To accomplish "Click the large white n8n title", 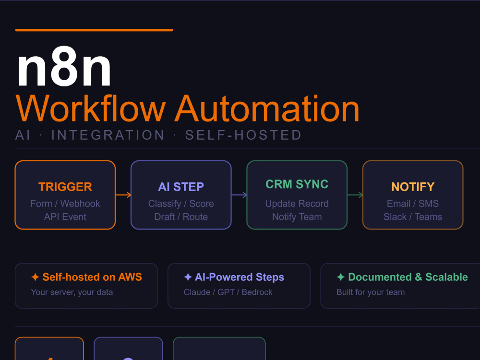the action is click(64, 67).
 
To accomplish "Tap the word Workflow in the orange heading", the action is click(91, 108).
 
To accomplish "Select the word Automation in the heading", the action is click(267, 108).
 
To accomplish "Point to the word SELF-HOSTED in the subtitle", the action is click(243, 135).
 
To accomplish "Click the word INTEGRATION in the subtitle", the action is click(108, 135).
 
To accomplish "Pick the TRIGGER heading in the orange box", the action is click(65, 187).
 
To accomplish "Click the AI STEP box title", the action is click(181, 187).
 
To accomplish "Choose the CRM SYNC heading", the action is click(297, 184).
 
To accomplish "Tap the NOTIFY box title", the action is click(413, 187).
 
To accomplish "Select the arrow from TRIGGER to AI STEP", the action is click(123, 195).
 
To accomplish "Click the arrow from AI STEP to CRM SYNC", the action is click(239, 195).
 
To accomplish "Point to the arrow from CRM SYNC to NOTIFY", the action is click(355, 195).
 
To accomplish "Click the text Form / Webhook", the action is click(65, 204).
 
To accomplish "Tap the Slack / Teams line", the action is click(413, 217).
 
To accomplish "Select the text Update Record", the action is click(297, 204).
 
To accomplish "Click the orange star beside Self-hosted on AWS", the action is click(35, 277).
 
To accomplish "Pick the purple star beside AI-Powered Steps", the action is click(188, 277).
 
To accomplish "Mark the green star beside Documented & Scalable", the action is click(341, 277).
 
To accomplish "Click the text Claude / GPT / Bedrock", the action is click(228, 292).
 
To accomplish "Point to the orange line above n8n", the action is click(94, 30).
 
